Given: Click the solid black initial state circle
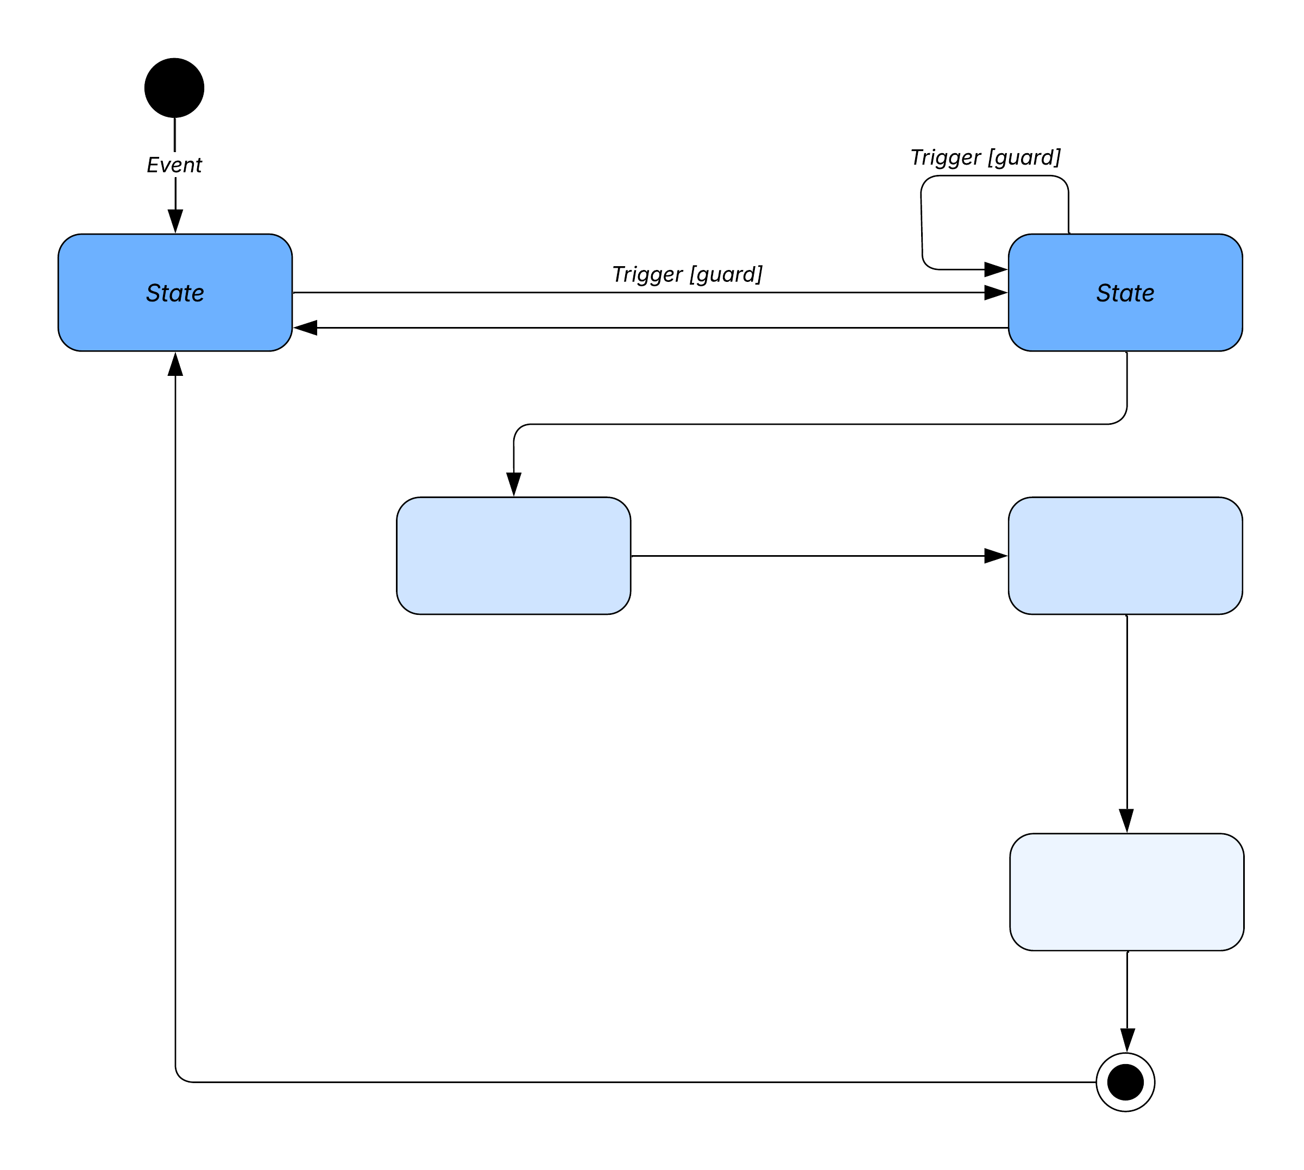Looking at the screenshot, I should (174, 87).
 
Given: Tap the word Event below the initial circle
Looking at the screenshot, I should (174, 165).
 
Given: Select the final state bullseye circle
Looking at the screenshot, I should (1125, 1082).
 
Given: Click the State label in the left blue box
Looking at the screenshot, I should (175, 293).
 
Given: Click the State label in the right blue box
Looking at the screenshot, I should (1125, 293).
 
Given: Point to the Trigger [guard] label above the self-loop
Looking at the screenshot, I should (985, 158).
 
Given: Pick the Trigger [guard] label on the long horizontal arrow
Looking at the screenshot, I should (687, 274).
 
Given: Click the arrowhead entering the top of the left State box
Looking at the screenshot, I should (175, 221).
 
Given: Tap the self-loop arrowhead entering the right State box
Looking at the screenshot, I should (996, 269).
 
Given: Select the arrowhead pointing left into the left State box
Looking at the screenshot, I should (305, 328).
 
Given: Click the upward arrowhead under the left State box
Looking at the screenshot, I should (175, 364).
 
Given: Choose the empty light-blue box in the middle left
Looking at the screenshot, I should (513, 556).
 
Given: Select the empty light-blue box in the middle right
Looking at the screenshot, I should (1125, 556).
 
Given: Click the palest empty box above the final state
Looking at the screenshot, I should (1126, 892).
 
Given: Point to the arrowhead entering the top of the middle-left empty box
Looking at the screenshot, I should (513, 483).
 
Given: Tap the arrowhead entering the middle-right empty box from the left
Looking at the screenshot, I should (996, 556).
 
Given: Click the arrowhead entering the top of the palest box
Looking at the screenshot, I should (1126, 820).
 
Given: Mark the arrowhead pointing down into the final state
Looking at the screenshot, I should (1127, 1040).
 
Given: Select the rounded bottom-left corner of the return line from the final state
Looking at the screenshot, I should (180, 1078).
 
